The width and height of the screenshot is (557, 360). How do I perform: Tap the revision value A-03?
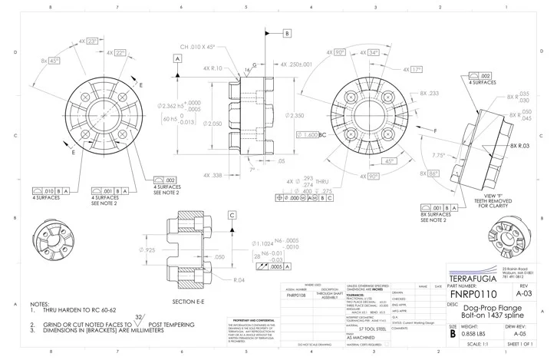(524, 293)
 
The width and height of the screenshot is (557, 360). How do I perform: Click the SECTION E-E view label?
(188, 302)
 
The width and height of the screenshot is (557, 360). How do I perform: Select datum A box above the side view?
(177, 58)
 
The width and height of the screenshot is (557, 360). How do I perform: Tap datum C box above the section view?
(231, 216)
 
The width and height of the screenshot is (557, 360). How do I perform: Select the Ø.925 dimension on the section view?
(148, 250)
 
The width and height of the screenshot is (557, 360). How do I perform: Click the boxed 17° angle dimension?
(415, 69)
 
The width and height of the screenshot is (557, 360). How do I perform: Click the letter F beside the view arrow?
(435, 132)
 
